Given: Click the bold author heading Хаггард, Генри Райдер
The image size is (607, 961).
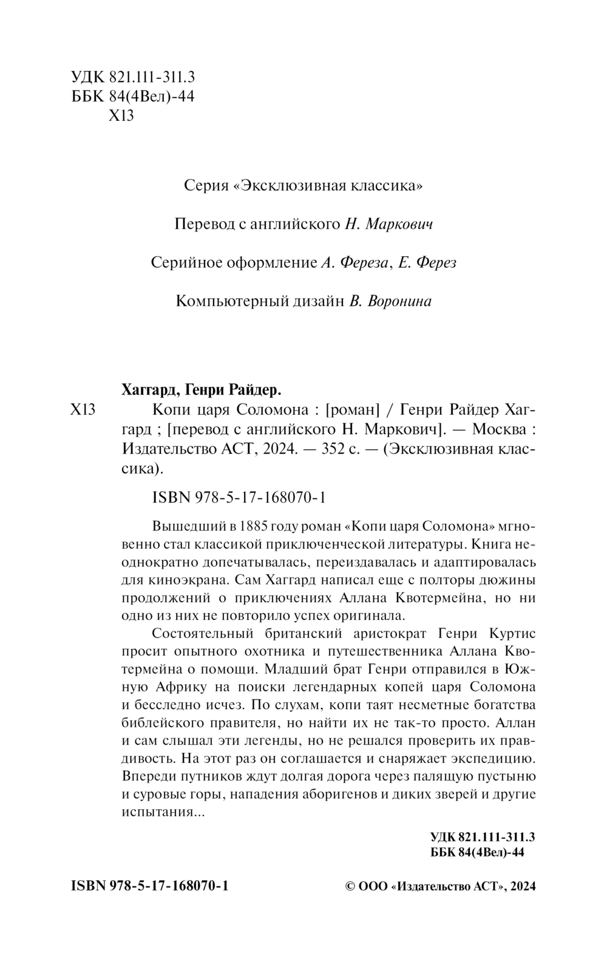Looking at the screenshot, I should (x=200, y=388).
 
